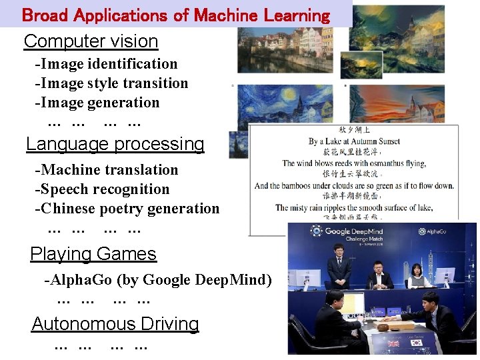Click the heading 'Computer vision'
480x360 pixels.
pyautogui.click(x=91, y=41)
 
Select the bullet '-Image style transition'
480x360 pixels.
pyautogui.click(x=112, y=83)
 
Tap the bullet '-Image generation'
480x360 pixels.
pyautogui.click(x=98, y=103)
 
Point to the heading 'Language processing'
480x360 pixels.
pyautogui.click(x=115, y=144)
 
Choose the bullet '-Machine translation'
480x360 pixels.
pyautogui.click(x=107, y=170)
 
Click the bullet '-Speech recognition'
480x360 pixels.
pyautogui.click(x=103, y=189)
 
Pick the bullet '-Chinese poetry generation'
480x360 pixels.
pyautogui.click(x=127, y=209)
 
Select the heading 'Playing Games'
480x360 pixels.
pyautogui.click(x=93, y=254)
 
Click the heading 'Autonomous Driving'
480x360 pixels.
pyautogui.click(x=115, y=324)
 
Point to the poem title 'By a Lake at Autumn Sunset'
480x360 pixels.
pyautogui.click(x=354, y=141)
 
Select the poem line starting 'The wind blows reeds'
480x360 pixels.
pyautogui.click(x=354, y=163)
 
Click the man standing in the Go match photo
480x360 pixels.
pyautogui.click(x=339, y=265)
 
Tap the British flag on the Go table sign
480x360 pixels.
pyautogui.click(x=394, y=344)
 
